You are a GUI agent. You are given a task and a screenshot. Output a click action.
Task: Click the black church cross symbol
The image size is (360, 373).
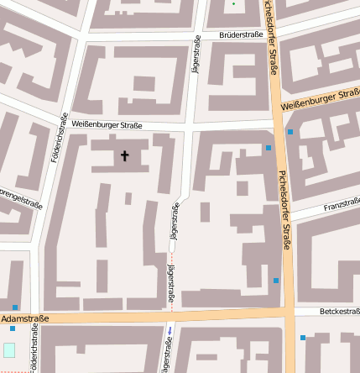click(126, 155)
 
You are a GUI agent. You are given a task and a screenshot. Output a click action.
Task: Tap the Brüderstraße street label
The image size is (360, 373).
click(241, 36)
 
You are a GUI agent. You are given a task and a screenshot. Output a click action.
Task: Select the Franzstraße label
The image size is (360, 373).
click(342, 205)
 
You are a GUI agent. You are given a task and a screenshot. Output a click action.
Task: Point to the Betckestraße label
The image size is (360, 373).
click(338, 312)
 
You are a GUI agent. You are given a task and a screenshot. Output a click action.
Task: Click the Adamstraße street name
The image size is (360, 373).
click(25, 319)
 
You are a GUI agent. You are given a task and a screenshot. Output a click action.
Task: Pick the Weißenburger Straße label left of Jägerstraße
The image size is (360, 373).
click(107, 124)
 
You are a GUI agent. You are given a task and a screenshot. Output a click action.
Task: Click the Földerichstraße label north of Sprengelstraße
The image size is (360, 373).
click(59, 137)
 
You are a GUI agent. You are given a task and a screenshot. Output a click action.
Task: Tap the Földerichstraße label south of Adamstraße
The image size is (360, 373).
click(34, 349)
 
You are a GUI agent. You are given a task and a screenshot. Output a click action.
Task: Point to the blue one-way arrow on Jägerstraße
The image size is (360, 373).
click(171, 330)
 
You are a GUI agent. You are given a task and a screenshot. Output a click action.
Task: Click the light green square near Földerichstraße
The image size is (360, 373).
click(9, 349)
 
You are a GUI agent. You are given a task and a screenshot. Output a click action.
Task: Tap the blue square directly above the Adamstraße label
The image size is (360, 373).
click(15, 307)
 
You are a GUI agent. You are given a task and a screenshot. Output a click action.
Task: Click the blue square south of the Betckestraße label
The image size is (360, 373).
click(303, 338)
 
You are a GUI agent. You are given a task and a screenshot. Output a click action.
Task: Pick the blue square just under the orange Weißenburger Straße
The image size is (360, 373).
click(290, 132)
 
